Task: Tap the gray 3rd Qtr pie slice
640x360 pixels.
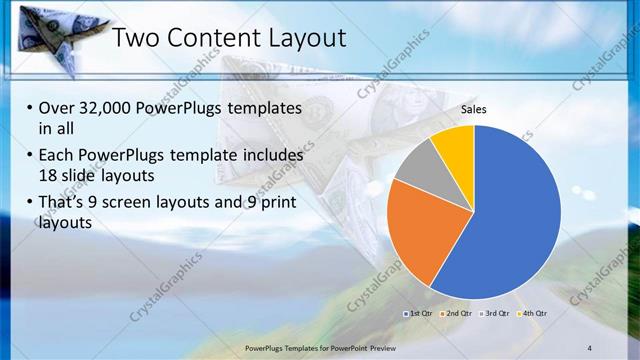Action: coord(419,165)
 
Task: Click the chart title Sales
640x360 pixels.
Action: coord(474,111)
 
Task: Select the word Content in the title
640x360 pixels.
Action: coord(209,39)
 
